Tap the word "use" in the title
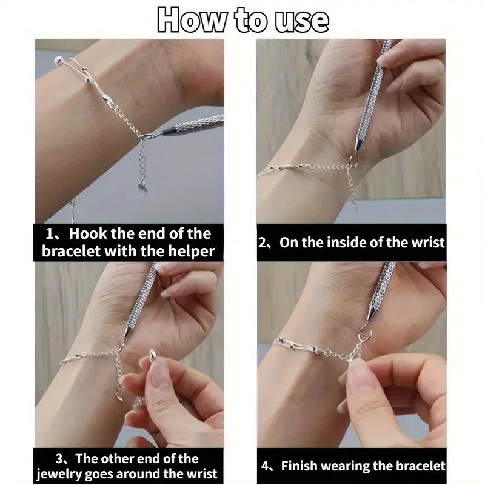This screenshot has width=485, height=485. point(301,21)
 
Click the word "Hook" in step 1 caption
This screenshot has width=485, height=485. point(87,233)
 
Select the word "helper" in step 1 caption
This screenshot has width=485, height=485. point(191,251)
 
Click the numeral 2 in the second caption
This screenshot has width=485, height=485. point(263,243)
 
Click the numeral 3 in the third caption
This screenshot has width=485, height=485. point(59,459)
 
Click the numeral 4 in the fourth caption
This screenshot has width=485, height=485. point(265,466)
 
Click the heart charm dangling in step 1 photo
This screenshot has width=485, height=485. point(143,189)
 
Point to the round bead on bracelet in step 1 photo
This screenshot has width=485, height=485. point(58,59)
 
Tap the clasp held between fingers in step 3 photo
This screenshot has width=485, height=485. point(152,355)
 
